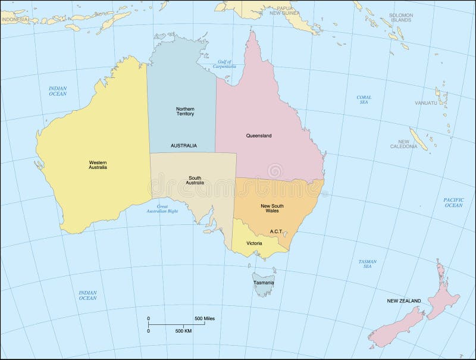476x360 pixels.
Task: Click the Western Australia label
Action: point(98,164)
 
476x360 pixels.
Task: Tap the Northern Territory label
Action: point(185,111)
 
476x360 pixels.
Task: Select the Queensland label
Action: point(259,136)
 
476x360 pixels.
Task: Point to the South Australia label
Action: point(196,180)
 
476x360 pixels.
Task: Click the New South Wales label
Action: point(273,208)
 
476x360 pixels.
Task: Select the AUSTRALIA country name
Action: point(184,146)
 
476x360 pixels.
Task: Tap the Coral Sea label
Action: point(364,99)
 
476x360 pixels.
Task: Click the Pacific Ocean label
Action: point(453,202)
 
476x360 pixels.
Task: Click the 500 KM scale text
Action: point(183,330)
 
